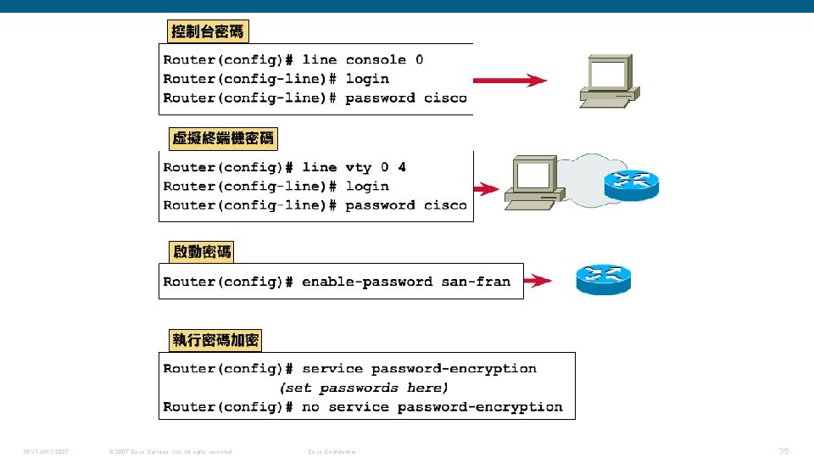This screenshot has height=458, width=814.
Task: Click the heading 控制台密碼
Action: (x=207, y=32)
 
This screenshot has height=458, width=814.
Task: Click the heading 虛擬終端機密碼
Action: (x=223, y=138)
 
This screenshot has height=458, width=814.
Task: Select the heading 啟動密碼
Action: (x=201, y=252)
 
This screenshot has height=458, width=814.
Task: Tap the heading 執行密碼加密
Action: (x=215, y=341)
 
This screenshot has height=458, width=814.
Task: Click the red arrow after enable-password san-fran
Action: (x=538, y=281)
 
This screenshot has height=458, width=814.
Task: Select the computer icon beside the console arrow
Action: (x=607, y=81)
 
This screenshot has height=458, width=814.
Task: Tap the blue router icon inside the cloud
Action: (x=631, y=184)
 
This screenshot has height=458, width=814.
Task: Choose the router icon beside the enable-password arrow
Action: (x=603, y=279)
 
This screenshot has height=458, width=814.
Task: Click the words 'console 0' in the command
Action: (x=384, y=60)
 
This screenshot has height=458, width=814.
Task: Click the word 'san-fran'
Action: (x=476, y=282)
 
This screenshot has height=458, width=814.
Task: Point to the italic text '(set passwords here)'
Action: (x=364, y=388)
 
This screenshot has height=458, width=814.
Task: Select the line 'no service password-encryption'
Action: (x=432, y=407)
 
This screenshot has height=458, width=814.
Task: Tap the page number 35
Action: (x=783, y=451)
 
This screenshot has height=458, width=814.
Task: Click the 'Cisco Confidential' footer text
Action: (x=332, y=451)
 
